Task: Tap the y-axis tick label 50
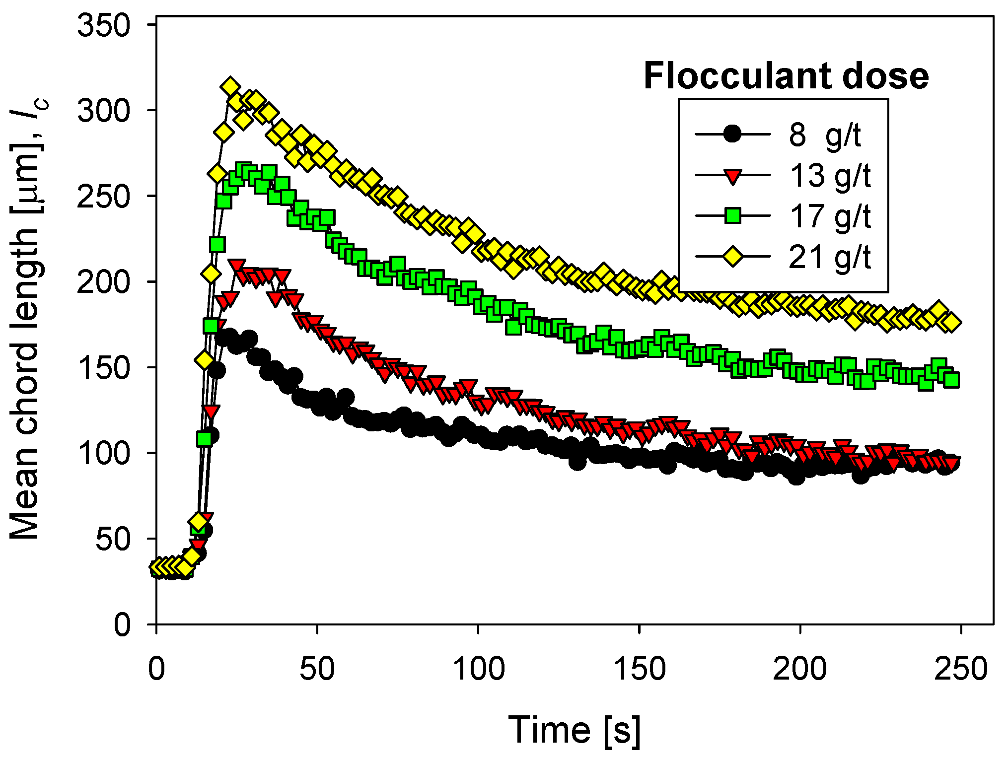tap(113, 539)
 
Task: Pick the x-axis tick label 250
tap(961, 669)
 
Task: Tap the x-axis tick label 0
tap(156, 669)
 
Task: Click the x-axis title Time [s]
tap(575, 730)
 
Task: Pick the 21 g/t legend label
tap(830, 257)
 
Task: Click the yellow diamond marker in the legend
tap(733, 257)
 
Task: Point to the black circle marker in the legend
tap(733, 134)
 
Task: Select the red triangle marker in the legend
tap(733, 176)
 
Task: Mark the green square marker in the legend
tap(733, 216)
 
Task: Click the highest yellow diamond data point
tap(230, 87)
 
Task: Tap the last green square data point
tap(951, 380)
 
